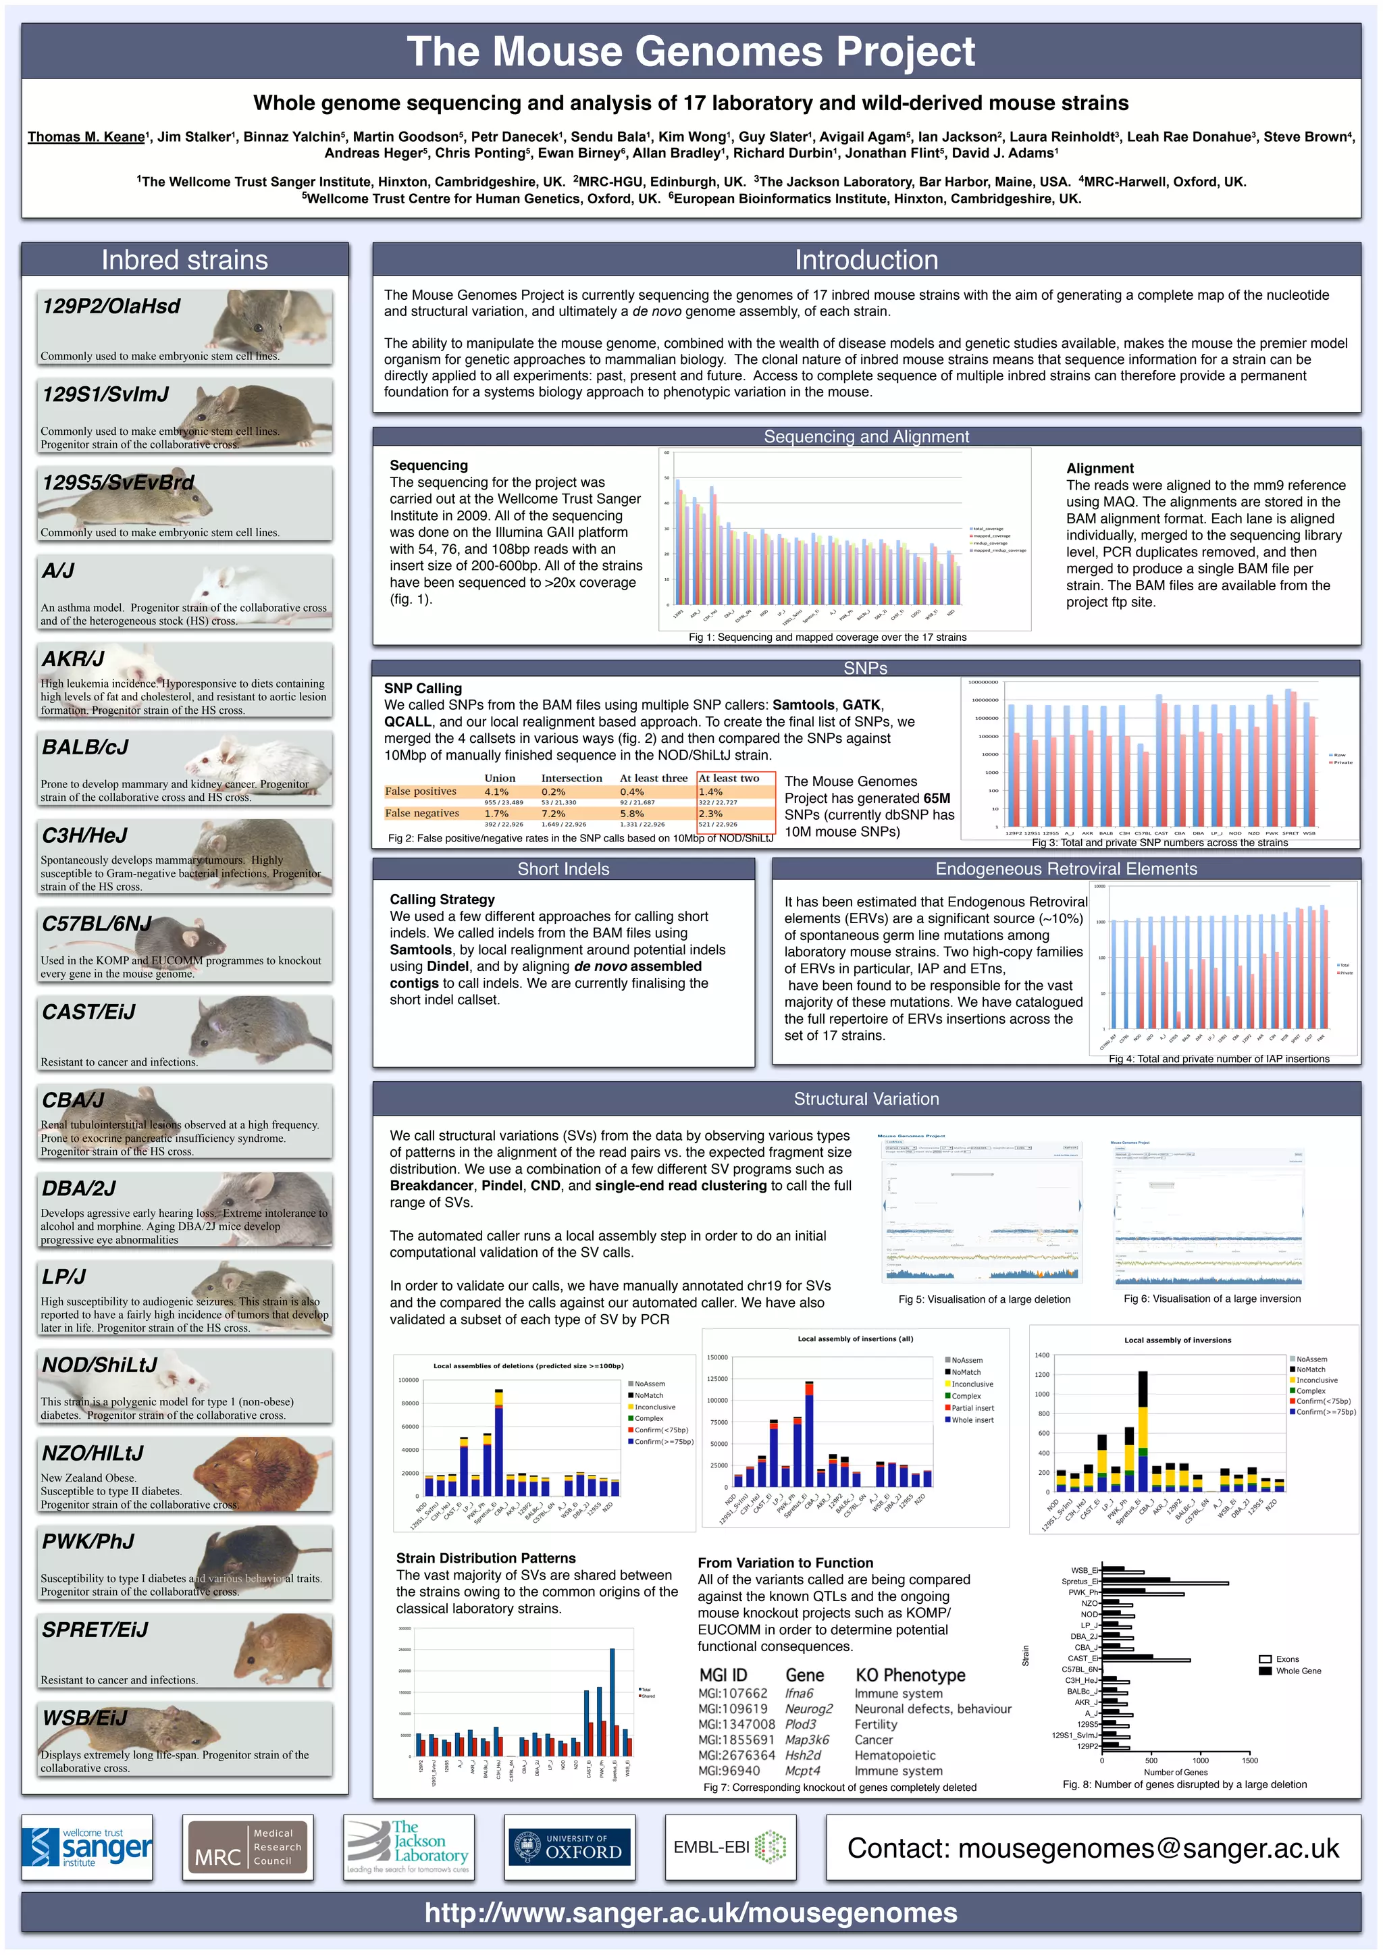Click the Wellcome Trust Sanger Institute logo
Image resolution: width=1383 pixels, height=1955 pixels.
[x=87, y=1848]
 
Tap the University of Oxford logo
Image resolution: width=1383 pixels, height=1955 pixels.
[x=570, y=1848]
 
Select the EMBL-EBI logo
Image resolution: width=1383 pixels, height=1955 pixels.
[x=730, y=1848]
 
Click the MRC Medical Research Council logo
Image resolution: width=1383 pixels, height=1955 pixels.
[x=248, y=1848]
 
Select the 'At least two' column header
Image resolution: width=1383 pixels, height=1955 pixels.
[x=728, y=778]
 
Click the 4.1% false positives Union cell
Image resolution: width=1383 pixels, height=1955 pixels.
[x=496, y=792]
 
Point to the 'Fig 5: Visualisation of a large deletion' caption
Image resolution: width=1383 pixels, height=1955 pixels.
[x=984, y=1299]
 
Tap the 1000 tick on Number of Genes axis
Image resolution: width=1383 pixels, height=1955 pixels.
[x=1200, y=1760]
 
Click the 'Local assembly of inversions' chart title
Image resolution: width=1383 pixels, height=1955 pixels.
[x=1177, y=1340]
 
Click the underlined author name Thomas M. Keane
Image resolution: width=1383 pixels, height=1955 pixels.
[x=86, y=137]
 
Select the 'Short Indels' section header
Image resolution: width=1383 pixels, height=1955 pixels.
[x=563, y=869]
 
